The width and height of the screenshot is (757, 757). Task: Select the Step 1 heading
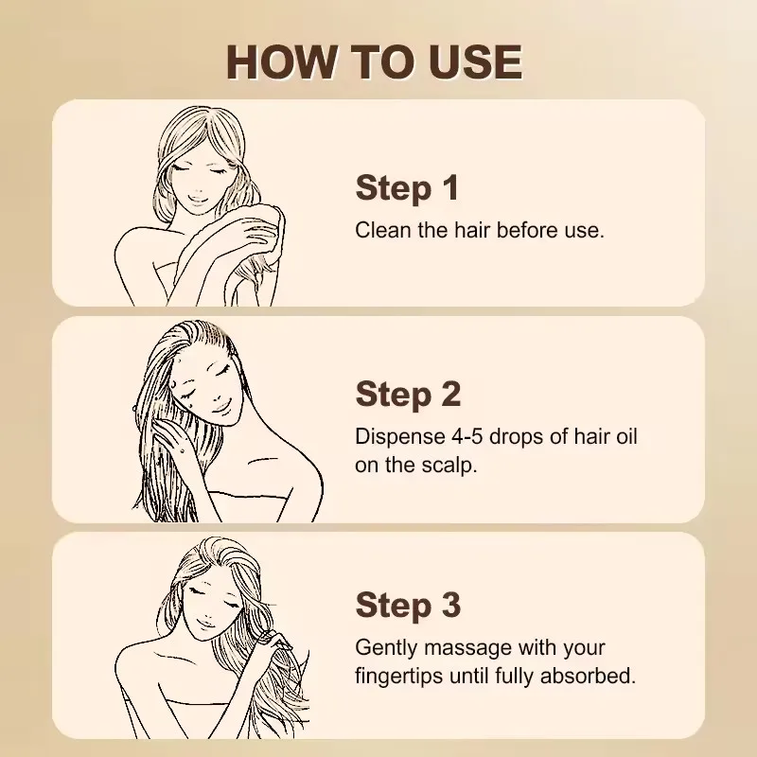[x=407, y=187]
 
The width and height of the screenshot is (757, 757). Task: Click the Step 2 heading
[x=408, y=394]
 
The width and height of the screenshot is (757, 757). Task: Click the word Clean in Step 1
[x=380, y=230]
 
